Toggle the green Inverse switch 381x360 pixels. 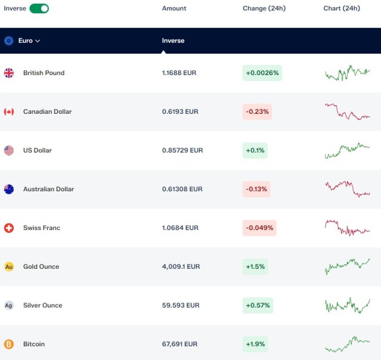(39, 8)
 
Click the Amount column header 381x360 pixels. (174, 8)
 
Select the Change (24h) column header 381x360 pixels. (264, 8)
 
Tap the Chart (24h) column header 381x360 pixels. (342, 8)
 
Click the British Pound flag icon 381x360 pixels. (9, 73)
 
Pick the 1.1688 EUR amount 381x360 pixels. (179, 73)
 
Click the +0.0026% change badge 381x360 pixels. (262, 73)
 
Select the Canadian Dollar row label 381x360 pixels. (48, 111)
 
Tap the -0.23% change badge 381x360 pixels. (257, 111)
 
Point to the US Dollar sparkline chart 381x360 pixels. (347, 151)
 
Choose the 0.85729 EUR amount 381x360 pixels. (183, 150)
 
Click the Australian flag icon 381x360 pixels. (9, 190)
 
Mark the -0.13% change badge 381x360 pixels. (257, 189)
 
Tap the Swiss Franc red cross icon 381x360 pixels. (9, 228)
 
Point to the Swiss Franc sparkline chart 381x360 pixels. (347, 228)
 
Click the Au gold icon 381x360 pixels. (9, 266)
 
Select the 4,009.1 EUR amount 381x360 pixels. (181, 266)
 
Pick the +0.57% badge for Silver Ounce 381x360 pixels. (258, 305)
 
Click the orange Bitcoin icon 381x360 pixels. (9, 344)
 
